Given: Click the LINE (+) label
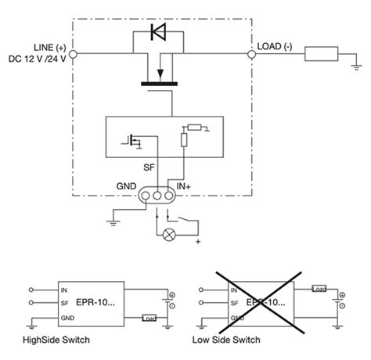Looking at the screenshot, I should [x=48, y=46].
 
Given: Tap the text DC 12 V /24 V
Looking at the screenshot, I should [x=38, y=58].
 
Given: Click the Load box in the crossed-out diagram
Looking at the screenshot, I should [x=318, y=289].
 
